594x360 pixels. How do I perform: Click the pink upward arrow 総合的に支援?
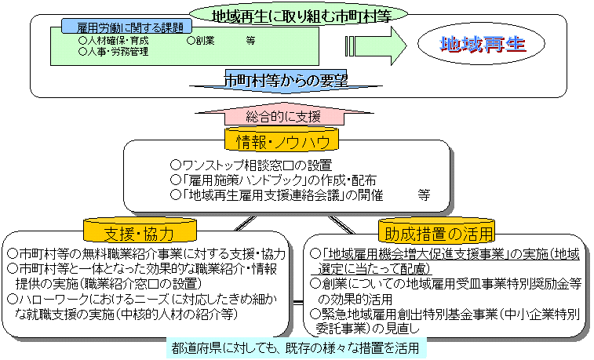click(282, 116)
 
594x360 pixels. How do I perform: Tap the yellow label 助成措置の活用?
click(438, 233)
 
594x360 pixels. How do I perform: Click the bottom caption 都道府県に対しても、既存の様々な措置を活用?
click(297, 347)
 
